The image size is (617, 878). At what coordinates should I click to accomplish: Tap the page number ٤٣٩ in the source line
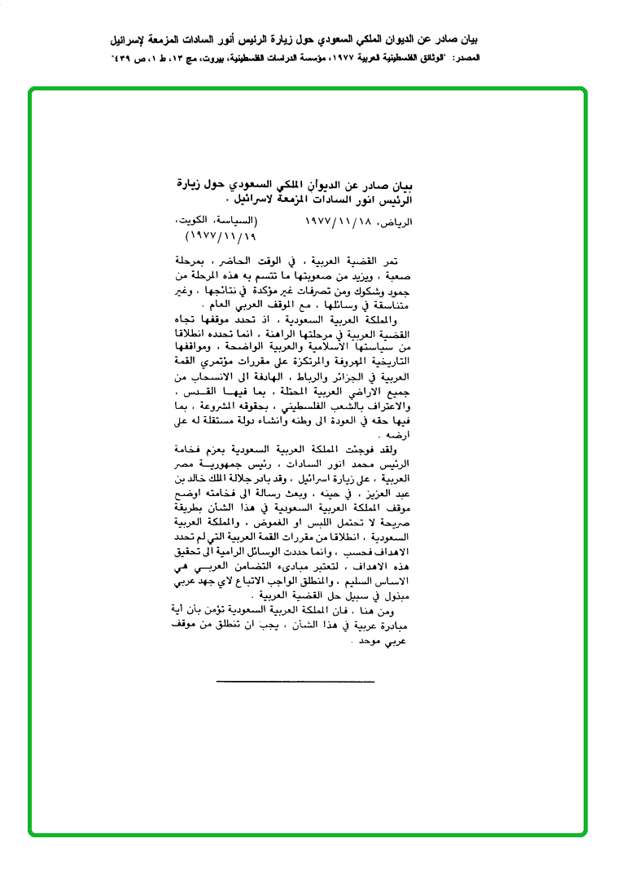[x=122, y=59]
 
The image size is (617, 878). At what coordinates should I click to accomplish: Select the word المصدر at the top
[x=466, y=59]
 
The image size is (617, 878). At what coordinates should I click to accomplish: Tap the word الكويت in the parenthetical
[x=192, y=222]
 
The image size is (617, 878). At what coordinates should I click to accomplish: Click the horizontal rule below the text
[x=295, y=680]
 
